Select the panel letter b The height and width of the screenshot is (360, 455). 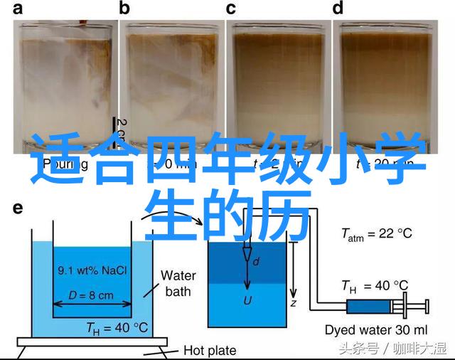click(125, 9)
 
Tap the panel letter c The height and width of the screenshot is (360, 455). click(231, 9)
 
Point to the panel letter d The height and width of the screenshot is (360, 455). click(338, 9)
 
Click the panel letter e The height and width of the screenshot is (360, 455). click(18, 208)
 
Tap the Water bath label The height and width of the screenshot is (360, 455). click(178, 282)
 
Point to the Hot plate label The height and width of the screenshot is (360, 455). click(210, 349)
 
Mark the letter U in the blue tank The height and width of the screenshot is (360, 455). click(247, 300)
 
